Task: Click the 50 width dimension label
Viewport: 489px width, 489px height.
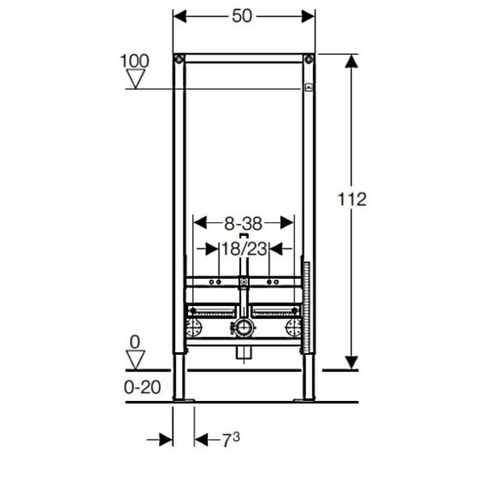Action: tap(241, 16)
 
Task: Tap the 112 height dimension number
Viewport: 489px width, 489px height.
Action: tap(352, 199)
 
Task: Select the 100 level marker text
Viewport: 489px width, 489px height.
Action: tap(134, 61)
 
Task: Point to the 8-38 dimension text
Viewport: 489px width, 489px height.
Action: tap(243, 224)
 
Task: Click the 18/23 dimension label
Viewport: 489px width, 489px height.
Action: tap(244, 249)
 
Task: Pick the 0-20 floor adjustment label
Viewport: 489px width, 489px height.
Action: tap(142, 388)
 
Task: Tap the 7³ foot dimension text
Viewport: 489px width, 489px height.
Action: tap(231, 439)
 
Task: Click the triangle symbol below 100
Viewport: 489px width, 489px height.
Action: tap(136, 79)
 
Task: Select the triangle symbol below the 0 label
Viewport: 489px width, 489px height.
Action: tap(136, 359)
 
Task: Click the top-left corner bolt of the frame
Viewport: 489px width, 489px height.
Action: tap(179, 59)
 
